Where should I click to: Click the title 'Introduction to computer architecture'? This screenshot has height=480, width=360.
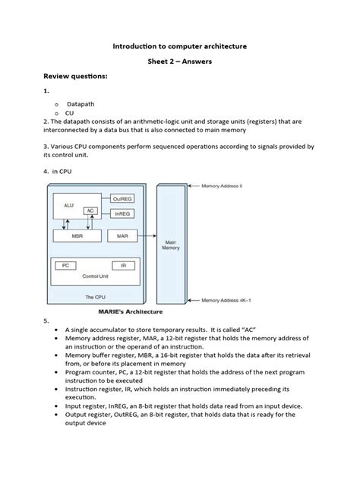click(x=180, y=46)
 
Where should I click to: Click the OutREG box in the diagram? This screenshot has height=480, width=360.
click(x=122, y=199)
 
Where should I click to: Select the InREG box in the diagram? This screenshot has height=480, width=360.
click(x=122, y=214)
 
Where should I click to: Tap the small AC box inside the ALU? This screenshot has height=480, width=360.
click(x=90, y=210)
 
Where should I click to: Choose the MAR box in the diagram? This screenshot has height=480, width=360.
click(x=122, y=236)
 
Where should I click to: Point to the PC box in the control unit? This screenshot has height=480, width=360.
click(x=66, y=266)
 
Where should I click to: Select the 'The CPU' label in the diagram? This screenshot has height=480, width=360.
click(x=94, y=297)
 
